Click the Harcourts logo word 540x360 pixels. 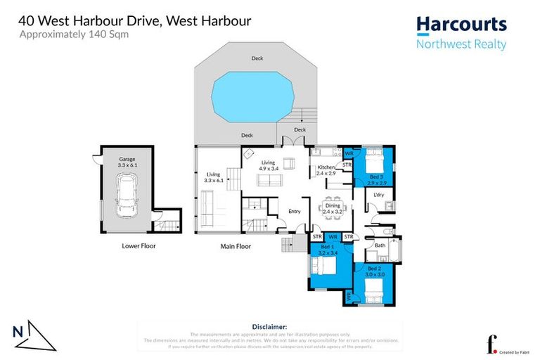click(x=461, y=25)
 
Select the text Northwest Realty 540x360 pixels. click(x=461, y=45)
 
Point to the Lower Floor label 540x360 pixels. click(x=139, y=246)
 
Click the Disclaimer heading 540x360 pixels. click(x=269, y=327)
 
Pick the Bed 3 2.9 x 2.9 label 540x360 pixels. click(x=375, y=179)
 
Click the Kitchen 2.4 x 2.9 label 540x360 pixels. click(x=326, y=169)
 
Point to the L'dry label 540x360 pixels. click(x=378, y=195)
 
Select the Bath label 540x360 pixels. click(x=380, y=245)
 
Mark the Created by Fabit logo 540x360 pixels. click(x=505, y=346)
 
